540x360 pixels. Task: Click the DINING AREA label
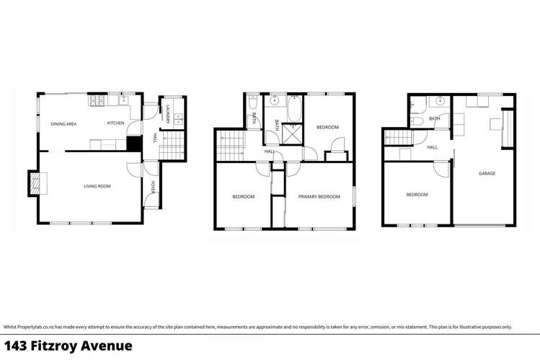pos(63,124)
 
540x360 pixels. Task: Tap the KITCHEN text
pos(115,123)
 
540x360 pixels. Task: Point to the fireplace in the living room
pos(33,183)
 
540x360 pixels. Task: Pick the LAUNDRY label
pos(167,114)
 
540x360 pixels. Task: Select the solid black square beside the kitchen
pos(133,143)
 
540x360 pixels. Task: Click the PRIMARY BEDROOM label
pos(319,196)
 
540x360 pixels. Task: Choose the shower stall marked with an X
pos(292,134)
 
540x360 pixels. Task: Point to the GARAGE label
pos(487,173)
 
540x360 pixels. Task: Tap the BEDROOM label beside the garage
pos(417,195)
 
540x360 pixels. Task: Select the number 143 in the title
pos(17,346)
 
